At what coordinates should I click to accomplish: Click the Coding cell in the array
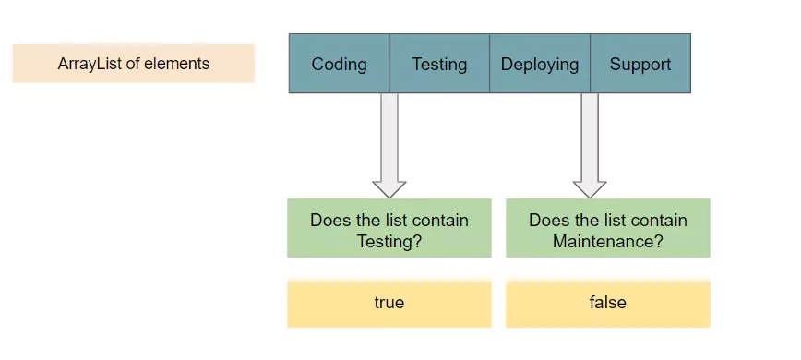[x=339, y=64]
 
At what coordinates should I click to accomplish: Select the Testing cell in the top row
[x=439, y=64]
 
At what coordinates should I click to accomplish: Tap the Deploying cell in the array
[x=540, y=64]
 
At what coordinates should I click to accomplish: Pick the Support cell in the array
[x=640, y=64]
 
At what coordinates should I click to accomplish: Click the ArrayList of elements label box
[x=134, y=64]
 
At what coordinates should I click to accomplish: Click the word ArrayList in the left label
[x=88, y=64]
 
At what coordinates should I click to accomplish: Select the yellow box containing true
[x=389, y=303]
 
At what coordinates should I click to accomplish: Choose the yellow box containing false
[x=608, y=303]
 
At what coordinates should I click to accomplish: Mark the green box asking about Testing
[x=389, y=228]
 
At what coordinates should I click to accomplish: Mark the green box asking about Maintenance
[x=608, y=228]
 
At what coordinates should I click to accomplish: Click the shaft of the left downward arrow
[x=389, y=134]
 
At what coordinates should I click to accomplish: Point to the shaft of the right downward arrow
[x=590, y=134]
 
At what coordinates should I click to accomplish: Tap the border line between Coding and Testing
[x=389, y=64]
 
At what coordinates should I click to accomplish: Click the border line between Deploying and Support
[x=590, y=64]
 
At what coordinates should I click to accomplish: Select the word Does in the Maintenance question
[x=547, y=221]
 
